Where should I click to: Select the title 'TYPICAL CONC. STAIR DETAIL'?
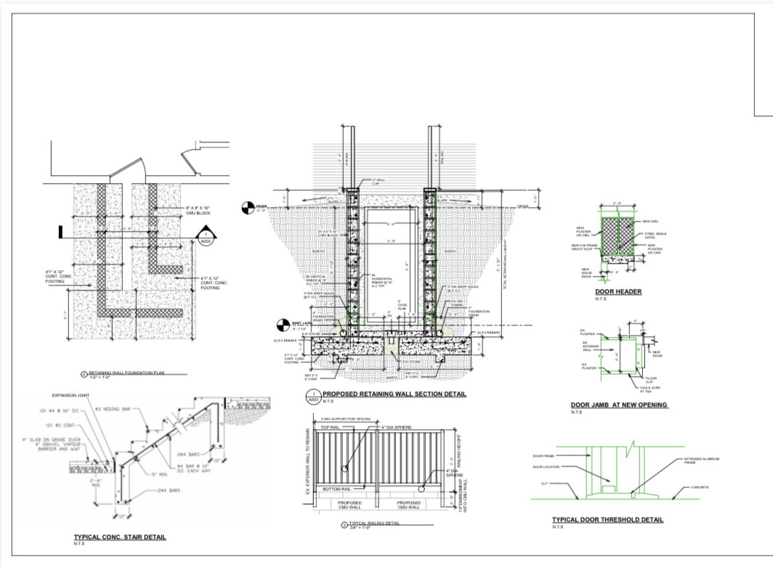click(x=120, y=537)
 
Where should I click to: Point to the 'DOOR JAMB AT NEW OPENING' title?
click(x=618, y=405)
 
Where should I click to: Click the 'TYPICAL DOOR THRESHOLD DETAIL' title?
click(x=607, y=519)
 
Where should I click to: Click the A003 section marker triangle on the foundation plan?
click(x=206, y=238)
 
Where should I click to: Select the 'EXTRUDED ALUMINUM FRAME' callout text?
click(x=701, y=461)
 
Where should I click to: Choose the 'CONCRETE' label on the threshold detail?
click(x=699, y=487)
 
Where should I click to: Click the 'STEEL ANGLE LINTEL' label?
click(x=656, y=235)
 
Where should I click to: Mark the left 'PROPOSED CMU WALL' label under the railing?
click(x=350, y=505)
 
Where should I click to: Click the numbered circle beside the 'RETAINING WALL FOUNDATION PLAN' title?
click(x=84, y=373)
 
